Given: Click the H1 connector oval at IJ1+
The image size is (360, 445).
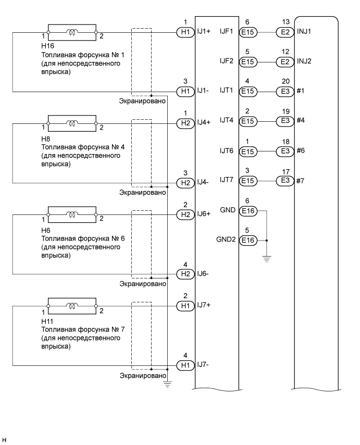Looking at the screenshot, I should [184, 32].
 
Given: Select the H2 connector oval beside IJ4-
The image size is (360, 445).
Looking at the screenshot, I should [184, 183].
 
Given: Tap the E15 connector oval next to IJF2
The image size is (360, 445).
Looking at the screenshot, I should [247, 62].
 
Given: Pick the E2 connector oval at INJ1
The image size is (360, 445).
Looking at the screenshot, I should [285, 32].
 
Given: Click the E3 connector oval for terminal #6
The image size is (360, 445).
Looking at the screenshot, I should [285, 151].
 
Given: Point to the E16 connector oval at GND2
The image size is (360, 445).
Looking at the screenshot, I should [247, 240].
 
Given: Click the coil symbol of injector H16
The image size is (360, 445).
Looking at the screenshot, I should [72, 33].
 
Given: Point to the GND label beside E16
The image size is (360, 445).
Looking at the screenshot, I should [228, 211].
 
